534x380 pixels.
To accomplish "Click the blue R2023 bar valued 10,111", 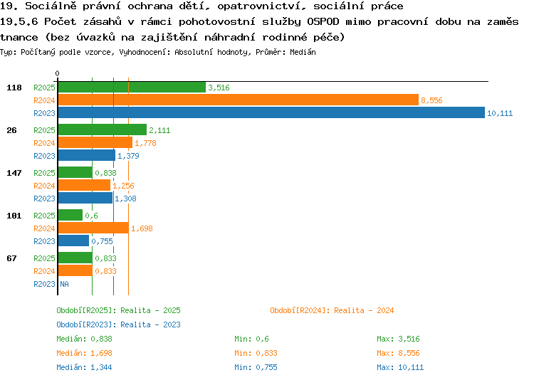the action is pos(271,112).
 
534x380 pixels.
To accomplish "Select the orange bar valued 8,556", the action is pos(239,100).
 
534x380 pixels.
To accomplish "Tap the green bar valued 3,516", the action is pos(132,87).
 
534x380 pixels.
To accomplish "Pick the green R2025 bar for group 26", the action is pos(103,130).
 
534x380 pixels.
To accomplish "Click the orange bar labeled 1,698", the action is pos(94,228).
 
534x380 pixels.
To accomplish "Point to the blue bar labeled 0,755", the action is pos(73,241).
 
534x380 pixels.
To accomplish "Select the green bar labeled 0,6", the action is pos(70,215).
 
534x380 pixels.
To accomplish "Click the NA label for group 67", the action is pos(64,284).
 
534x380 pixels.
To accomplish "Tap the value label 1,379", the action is pos(128,156).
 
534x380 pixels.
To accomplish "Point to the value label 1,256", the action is pos(123,186).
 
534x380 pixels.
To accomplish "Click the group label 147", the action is pos(14,173).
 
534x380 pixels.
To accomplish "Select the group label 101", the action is pos(14,216).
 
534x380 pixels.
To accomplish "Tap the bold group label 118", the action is pos(14,88).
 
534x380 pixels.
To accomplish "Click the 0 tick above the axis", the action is pos(57,73).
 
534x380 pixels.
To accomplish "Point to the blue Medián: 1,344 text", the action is pos(84,367).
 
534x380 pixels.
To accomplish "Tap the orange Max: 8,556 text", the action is pos(398,353).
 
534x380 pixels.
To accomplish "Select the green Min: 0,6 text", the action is pos(251,339).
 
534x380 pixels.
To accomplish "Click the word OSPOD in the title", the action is pos(323,21).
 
